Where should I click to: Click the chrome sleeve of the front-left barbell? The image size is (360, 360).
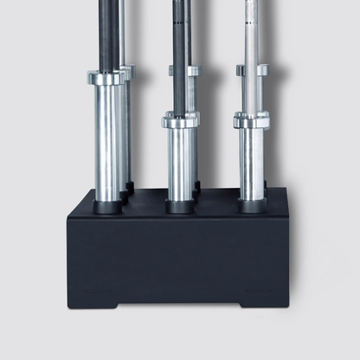[107, 143]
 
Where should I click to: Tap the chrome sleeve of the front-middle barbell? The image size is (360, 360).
[181, 164]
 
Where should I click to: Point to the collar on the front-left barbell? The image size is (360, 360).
[106, 78]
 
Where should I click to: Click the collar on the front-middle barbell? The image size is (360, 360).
[180, 121]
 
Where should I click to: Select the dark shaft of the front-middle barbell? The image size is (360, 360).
[179, 52]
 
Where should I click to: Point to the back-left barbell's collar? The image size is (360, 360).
[128, 71]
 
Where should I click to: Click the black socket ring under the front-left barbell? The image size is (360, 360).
[108, 209]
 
